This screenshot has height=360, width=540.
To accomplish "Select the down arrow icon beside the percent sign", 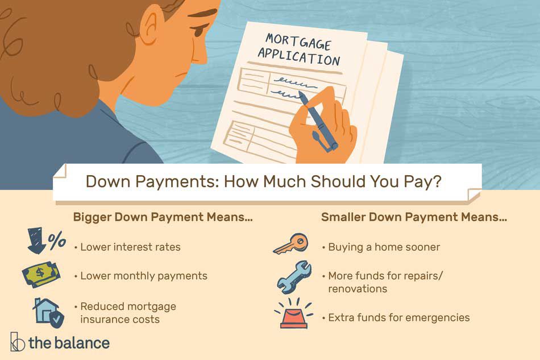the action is tap(36, 240).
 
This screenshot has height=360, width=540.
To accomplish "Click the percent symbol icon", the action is tap(57, 240).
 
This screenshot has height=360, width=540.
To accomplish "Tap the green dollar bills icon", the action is tap(41, 274).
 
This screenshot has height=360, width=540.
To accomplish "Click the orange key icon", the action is tap(290, 243).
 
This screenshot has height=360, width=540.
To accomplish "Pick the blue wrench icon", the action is tap(294, 276).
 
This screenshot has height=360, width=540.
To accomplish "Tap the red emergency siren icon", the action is tap(294, 313).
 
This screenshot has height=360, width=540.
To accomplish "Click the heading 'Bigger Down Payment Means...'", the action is tap(163, 217).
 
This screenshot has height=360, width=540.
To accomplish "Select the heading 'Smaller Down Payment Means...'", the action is tap(414, 217).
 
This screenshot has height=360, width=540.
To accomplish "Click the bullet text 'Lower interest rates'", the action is tap(130, 247).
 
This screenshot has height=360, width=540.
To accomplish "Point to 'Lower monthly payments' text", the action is tap(144, 276).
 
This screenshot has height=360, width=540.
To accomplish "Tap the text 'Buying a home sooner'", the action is tap(384, 247).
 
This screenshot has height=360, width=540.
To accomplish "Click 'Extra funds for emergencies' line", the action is tap(399, 317).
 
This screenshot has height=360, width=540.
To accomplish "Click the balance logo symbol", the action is tap(17, 342).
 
